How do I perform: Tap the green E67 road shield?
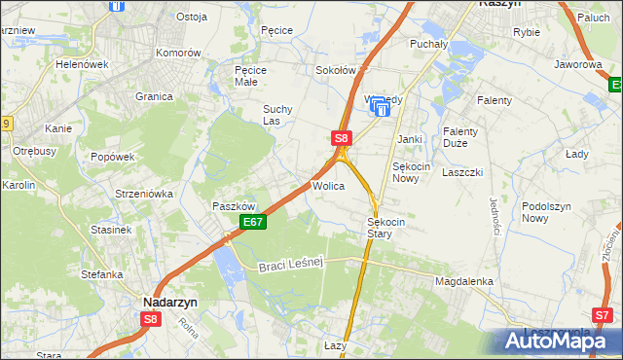[253, 223]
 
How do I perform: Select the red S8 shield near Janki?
[341, 138]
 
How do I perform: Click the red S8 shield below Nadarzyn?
[150, 318]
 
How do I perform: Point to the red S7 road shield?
[604, 314]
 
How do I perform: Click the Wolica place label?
[328, 185]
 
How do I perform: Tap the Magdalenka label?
[464, 281]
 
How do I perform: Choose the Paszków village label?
[234, 206]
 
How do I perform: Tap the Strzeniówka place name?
[143, 194]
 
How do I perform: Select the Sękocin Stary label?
[392, 228]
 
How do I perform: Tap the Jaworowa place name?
[577, 64]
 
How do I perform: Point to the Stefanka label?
[102, 274]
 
